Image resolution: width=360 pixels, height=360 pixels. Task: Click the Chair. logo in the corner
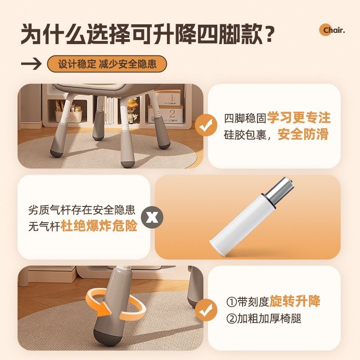pos(332,30)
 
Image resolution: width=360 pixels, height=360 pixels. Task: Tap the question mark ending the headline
pos(268,34)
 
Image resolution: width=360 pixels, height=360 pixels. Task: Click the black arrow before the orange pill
pos(31,64)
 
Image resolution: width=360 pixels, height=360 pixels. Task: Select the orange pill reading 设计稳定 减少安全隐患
pos(107,64)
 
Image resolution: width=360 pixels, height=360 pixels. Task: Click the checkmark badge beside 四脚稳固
pos(207,126)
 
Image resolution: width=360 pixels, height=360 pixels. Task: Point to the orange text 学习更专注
pos(299,118)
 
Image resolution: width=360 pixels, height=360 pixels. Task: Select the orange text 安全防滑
pos(303,135)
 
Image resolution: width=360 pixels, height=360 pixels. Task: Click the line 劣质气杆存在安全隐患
pos(81,210)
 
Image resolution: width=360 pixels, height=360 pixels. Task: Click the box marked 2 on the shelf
pos(171,114)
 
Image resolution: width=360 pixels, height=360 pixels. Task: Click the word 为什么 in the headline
pos(50,35)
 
